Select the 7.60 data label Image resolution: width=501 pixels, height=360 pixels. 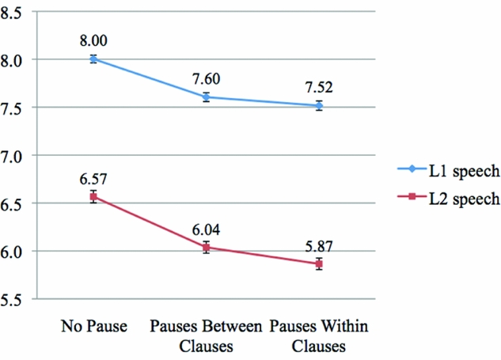click(x=206, y=80)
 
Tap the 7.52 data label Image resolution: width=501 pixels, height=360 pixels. click(x=319, y=88)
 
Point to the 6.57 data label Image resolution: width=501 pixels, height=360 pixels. click(x=93, y=179)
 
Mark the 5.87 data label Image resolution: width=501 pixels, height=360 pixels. click(x=319, y=245)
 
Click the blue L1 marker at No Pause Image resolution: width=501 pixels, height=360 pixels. click(x=93, y=59)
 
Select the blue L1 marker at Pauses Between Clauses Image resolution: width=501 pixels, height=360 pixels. click(x=206, y=97)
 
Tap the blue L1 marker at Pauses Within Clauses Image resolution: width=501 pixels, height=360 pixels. click(x=319, y=105)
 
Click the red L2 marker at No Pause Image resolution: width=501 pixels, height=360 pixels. click(x=93, y=196)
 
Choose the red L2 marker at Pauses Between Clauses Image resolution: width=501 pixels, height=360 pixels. click(x=206, y=248)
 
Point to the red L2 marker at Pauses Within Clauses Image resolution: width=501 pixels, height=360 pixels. click(x=319, y=264)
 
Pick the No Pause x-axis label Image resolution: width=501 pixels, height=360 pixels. click(x=93, y=327)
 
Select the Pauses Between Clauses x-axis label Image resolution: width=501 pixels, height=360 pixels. click(x=206, y=335)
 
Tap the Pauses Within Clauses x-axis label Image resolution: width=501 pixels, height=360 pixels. click(x=319, y=335)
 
